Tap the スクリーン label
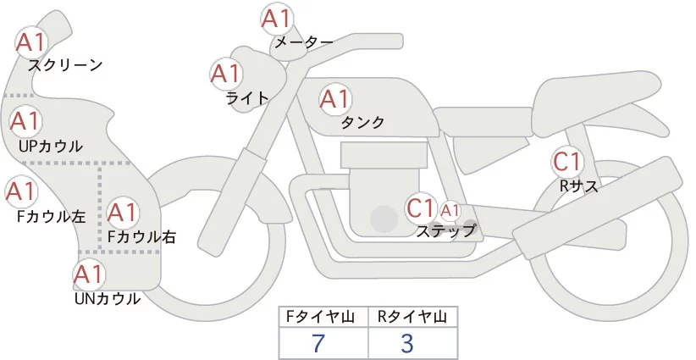click(65, 64)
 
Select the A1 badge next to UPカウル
click(25, 122)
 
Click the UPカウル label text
click(51, 146)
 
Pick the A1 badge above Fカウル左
click(20, 191)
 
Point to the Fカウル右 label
click(141, 237)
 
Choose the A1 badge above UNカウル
click(89, 274)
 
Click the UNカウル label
click(108, 298)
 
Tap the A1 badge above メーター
click(276, 19)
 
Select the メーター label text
click(303, 42)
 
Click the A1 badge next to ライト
click(226, 75)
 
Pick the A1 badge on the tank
click(334, 99)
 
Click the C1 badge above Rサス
click(566, 161)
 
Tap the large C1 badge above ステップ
click(421, 208)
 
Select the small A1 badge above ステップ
click(450, 209)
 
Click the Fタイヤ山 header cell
click(324, 317)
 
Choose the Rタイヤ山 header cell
click(412, 317)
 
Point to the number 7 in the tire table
click(318, 343)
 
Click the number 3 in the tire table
click(406, 343)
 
